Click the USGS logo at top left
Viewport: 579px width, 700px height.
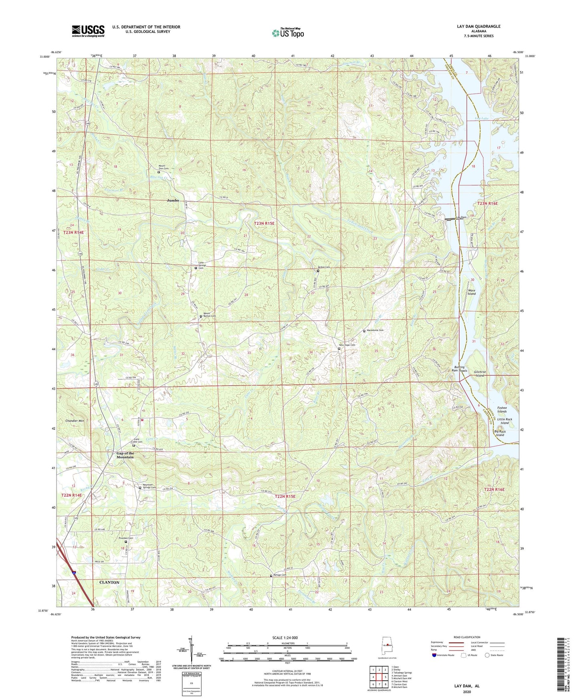[x=88, y=31]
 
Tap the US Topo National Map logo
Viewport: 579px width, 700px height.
[x=288, y=33]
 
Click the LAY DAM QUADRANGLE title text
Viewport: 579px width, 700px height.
[x=478, y=26]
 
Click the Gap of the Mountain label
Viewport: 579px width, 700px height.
[x=125, y=455]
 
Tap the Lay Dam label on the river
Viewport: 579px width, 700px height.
[x=461, y=217]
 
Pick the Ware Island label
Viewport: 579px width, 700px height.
[x=472, y=292]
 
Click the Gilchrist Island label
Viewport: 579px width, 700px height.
[x=479, y=374]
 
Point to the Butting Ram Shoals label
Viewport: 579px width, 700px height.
[x=460, y=368]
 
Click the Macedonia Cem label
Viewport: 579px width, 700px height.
[x=375, y=330]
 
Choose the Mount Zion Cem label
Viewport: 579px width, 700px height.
[x=164, y=167]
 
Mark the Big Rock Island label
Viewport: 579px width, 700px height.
[x=500, y=433]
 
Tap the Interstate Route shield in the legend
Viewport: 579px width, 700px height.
[x=435, y=655]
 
